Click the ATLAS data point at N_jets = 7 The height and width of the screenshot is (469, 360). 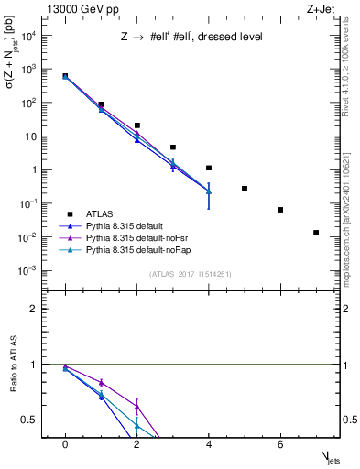(316, 233)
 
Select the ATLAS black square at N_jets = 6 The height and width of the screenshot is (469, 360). (280, 210)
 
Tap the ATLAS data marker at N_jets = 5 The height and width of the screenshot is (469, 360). (245, 189)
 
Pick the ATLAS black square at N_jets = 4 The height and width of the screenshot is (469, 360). (209, 168)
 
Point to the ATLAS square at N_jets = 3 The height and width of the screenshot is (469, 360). (172, 147)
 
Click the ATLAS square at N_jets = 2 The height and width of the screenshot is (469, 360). (136, 125)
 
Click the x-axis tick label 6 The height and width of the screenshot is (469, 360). (280, 443)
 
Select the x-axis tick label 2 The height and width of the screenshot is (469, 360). (136, 443)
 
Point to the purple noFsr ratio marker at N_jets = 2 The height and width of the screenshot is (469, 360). (136, 407)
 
